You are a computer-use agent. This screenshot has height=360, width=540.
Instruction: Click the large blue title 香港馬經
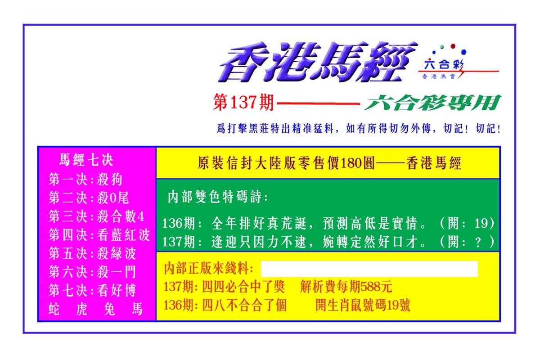(x=318, y=62)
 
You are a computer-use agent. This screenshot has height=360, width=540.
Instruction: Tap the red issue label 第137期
(x=243, y=102)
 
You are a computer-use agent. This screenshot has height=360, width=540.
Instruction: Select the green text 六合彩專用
(x=433, y=103)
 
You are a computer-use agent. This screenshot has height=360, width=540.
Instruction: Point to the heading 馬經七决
(x=86, y=160)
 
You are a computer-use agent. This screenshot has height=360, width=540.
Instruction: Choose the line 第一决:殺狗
(x=85, y=179)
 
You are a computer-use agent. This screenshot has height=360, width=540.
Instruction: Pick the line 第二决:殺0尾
(x=89, y=198)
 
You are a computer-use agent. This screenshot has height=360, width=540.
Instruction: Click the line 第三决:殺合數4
(x=96, y=216)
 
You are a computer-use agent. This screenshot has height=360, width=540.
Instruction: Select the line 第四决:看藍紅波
(x=99, y=234)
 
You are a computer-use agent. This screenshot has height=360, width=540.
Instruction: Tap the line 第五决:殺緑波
(x=93, y=253)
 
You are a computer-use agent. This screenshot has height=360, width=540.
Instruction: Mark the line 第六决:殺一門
(x=93, y=272)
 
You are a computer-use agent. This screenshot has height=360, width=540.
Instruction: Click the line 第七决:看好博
(x=93, y=290)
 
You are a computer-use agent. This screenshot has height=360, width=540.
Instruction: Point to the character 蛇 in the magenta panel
(x=54, y=309)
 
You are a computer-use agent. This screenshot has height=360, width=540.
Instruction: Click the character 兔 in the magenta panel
(x=109, y=309)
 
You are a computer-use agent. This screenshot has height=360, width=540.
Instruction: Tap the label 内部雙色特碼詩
(x=218, y=197)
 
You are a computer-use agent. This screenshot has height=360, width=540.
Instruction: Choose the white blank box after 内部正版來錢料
(x=369, y=269)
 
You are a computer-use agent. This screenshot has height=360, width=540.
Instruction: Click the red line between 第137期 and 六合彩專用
(x=319, y=103)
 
